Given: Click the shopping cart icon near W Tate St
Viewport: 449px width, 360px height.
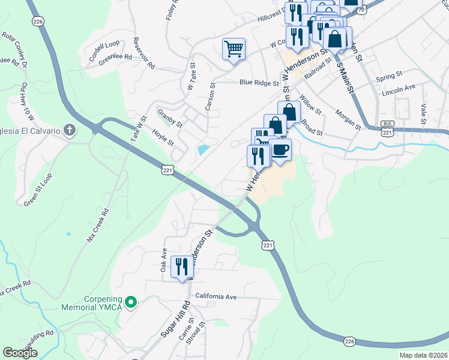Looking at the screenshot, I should click(x=234, y=49).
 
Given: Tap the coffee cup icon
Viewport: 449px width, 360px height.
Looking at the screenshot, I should click(x=280, y=150).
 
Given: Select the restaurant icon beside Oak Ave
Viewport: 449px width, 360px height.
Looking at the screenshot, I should click(x=181, y=267).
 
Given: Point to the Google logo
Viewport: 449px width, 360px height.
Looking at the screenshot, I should click(x=20, y=353).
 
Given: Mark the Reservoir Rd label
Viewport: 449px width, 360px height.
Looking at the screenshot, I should click(x=144, y=53).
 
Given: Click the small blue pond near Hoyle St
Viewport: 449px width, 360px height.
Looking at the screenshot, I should click(x=203, y=149).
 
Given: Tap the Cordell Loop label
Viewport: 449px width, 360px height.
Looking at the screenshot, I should click(x=104, y=46).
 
